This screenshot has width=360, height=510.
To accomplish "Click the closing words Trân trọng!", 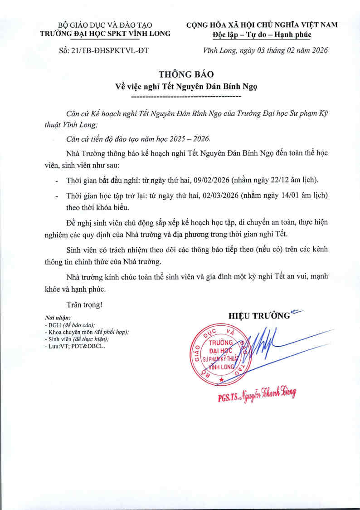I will click(x=84, y=304).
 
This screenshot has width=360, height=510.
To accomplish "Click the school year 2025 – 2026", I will click(x=192, y=138).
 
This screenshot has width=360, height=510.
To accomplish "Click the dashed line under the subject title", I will click(x=185, y=97).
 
